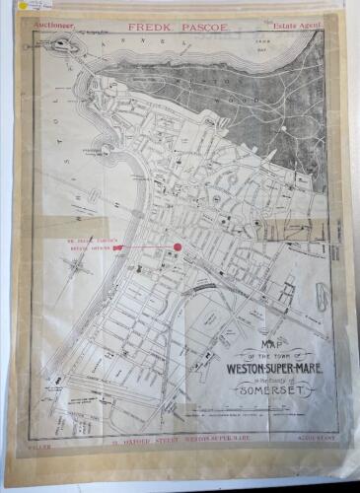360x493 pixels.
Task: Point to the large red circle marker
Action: click(x=179, y=247)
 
